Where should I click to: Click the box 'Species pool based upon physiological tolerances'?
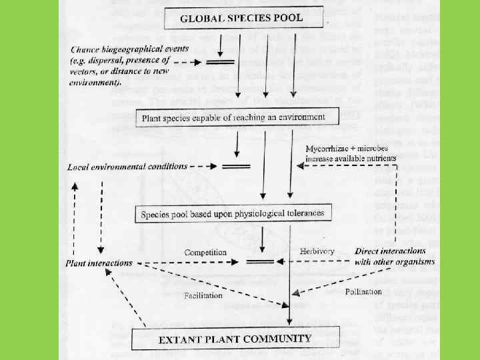coord(233,215)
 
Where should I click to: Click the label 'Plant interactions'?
coord(99,263)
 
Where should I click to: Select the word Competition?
coord(205,253)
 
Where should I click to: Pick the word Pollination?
coord(363,291)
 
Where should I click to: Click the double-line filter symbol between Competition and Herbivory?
coord(261,261)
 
